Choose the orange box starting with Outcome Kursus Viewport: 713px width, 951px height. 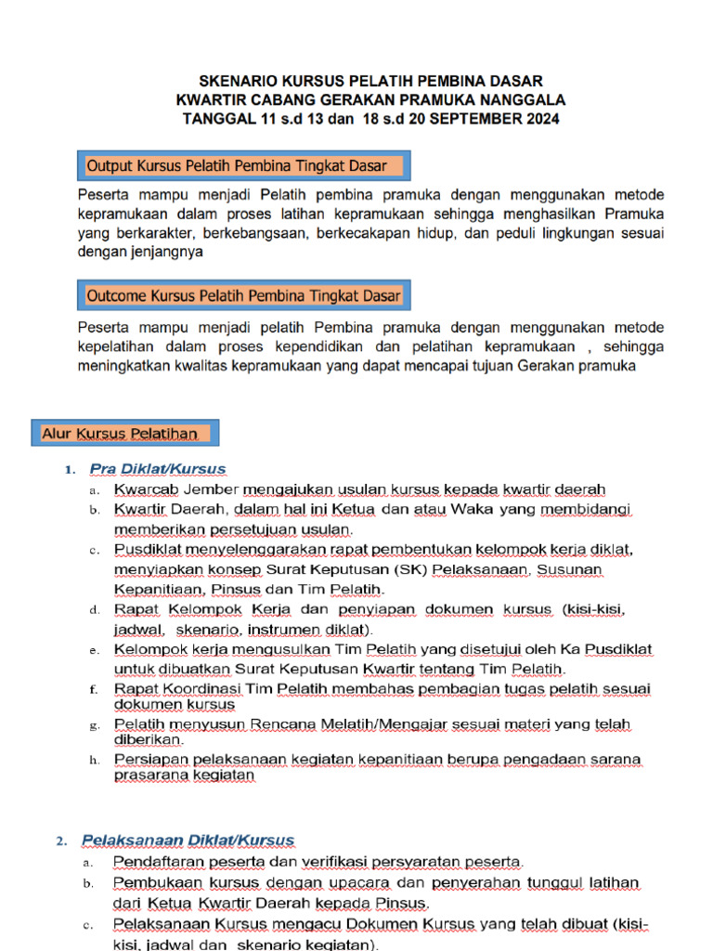click(244, 296)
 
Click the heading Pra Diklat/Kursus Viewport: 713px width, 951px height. click(157, 469)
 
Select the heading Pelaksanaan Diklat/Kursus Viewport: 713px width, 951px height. click(188, 840)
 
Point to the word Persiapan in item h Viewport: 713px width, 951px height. click(148, 760)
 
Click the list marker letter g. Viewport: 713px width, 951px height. click(94, 724)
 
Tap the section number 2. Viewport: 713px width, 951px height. click(60, 841)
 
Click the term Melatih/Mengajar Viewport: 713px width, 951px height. click(301, 724)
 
